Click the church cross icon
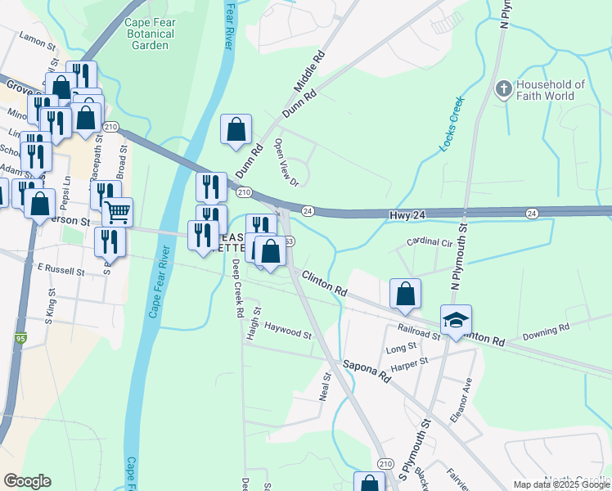504,88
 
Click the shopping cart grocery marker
118,213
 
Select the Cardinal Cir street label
430,243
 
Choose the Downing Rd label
546,331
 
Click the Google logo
27,481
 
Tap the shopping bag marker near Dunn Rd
236,130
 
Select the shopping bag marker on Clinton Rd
406,294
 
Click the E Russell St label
61,268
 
